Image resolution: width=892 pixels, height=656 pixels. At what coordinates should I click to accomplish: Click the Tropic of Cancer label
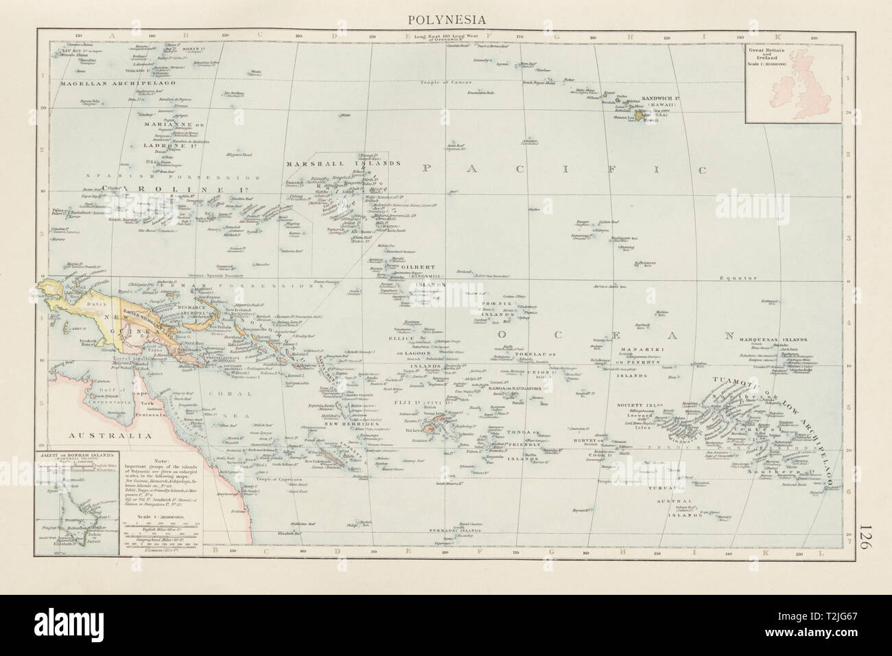pyautogui.click(x=447, y=82)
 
